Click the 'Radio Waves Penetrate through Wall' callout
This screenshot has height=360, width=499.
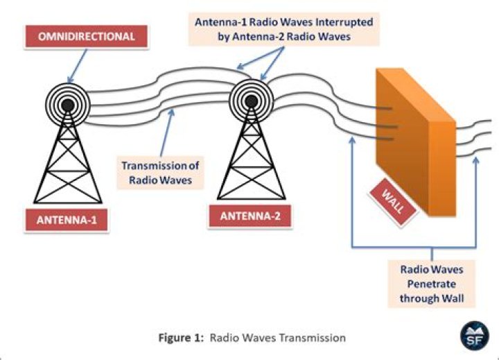431,285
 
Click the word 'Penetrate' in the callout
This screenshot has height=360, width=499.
431,285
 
